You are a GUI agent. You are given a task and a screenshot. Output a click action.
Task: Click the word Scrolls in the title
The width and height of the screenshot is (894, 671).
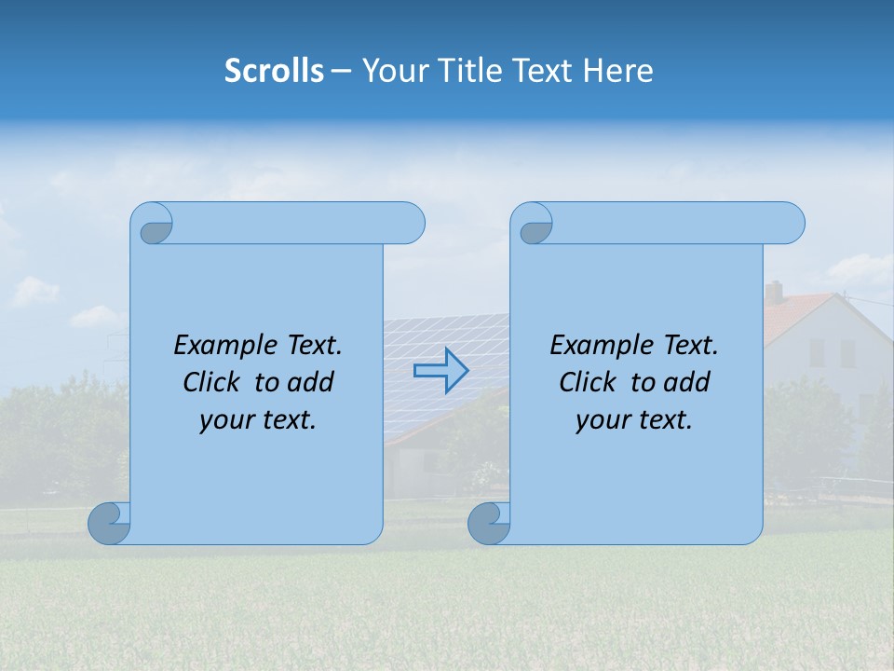pyautogui.click(x=275, y=71)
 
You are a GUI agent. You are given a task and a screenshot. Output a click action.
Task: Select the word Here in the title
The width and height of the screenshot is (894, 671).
pyautogui.click(x=618, y=71)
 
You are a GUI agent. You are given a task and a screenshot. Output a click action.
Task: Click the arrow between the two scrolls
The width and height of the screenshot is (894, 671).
pyautogui.click(x=440, y=370)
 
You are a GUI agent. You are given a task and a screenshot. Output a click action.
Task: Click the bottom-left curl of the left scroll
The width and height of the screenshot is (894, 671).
pyautogui.click(x=109, y=522)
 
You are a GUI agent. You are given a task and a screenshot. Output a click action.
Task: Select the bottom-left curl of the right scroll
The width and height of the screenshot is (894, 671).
pyautogui.click(x=488, y=522)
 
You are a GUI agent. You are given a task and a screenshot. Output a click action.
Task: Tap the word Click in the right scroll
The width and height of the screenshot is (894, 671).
pyautogui.click(x=588, y=382)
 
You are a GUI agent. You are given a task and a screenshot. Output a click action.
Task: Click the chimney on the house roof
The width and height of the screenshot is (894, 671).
pyautogui.click(x=774, y=293)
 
